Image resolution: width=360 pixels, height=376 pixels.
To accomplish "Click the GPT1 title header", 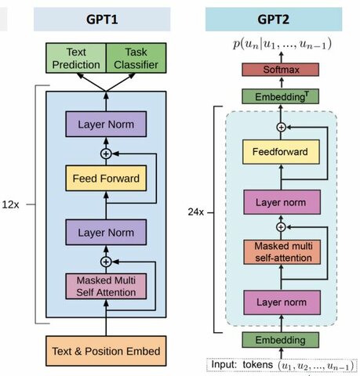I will pyautogui.click(x=106, y=18).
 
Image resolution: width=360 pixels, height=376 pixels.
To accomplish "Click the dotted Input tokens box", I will pyautogui.click(x=281, y=364).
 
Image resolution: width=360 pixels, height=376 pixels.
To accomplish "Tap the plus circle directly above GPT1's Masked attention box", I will pyautogui.click(x=106, y=262).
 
